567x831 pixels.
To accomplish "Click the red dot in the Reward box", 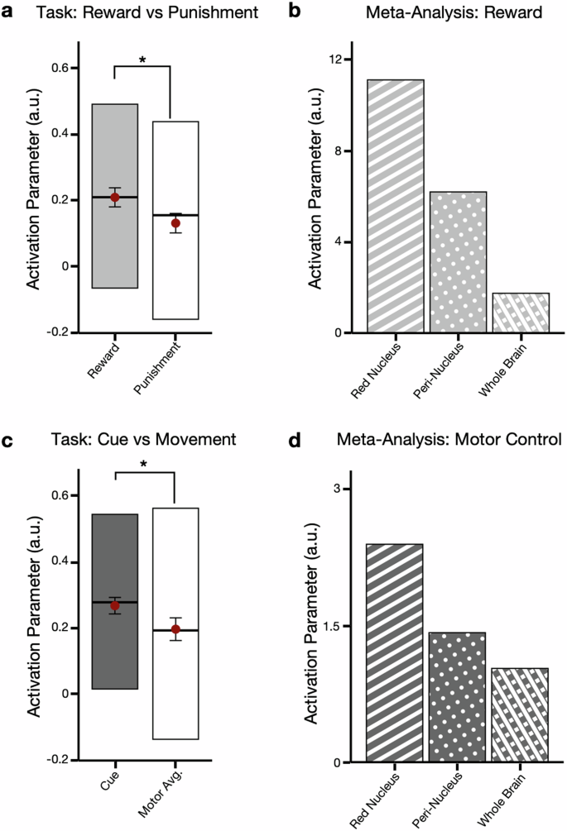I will coord(115,197).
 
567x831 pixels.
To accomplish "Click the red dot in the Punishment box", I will coord(175,223).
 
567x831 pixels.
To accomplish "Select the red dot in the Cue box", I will coord(115,605).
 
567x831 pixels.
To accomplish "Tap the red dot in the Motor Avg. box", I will coord(175,629).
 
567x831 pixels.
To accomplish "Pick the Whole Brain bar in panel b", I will coord(521,313).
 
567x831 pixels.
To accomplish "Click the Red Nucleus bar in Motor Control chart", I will coord(396,653).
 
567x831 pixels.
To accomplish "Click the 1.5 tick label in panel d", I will coord(336,626).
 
